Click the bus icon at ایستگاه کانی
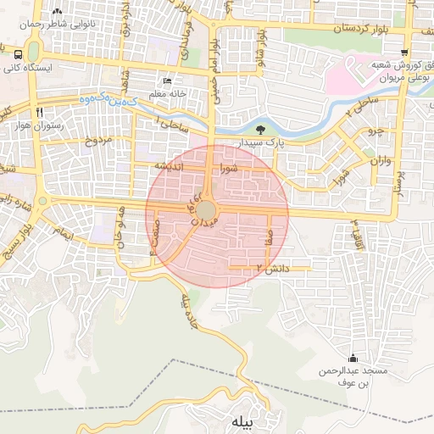tap(19, 53)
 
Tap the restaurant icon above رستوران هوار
tap(39, 112)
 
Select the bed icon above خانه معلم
tap(167, 81)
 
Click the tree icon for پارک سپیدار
tap(259, 130)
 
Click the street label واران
tap(377, 159)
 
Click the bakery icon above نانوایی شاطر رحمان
tap(57, 12)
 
